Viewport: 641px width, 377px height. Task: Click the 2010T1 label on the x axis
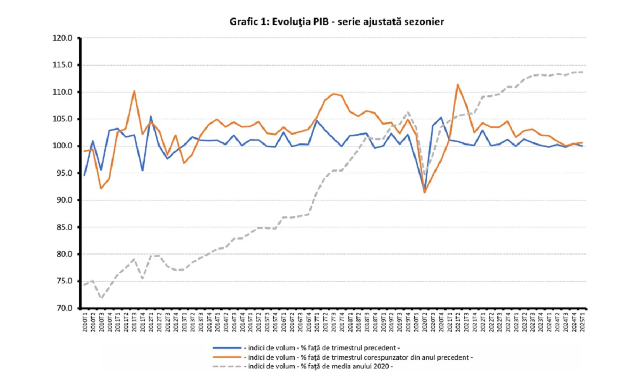(84, 320)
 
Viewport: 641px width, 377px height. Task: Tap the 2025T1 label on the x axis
(582, 320)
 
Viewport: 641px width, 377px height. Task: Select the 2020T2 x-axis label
(424, 320)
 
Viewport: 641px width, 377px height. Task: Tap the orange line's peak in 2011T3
(134, 91)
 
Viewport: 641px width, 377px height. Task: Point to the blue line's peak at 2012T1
(151, 117)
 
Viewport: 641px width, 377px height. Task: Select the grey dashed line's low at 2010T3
(101, 298)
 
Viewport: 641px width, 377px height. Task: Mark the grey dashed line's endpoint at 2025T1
(582, 72)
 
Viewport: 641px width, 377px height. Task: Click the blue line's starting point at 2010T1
(84, 175)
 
